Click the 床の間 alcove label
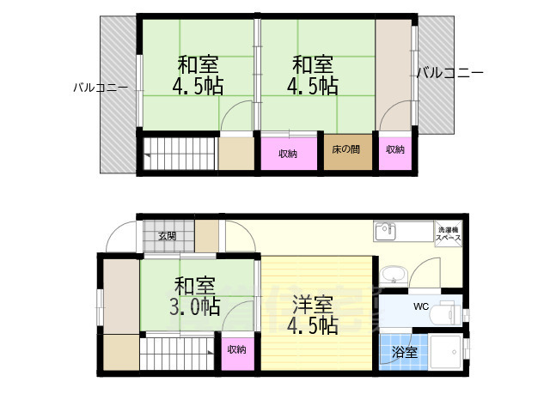345,149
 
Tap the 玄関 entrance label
168,236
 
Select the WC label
421,306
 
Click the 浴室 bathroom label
405,352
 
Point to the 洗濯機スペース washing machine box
449,233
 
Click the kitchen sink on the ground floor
386,231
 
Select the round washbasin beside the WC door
394,275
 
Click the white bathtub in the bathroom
445,353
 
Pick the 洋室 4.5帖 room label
313,315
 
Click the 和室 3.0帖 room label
195,296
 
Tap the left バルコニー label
101,88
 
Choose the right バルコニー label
450,73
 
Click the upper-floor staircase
179,154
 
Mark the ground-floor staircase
177,354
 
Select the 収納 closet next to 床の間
289,154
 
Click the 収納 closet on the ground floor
237,350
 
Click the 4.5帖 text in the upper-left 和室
199,86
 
